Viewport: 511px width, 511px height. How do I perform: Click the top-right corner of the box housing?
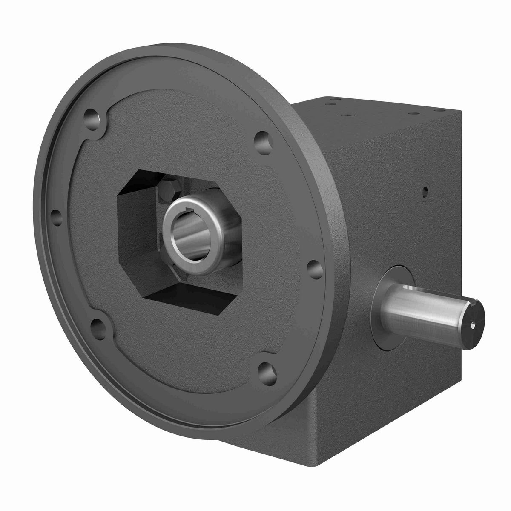[x=459, y=112]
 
